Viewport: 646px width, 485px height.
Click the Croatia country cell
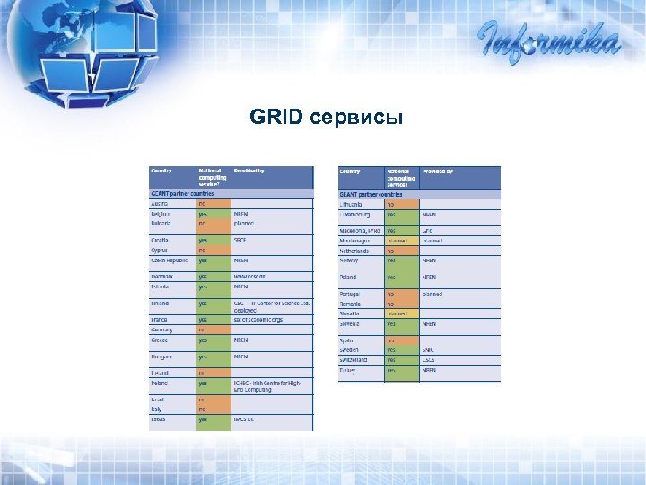click(161, 241)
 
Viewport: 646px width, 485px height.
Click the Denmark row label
click(162, 277)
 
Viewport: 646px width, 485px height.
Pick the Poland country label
click(348, 278)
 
